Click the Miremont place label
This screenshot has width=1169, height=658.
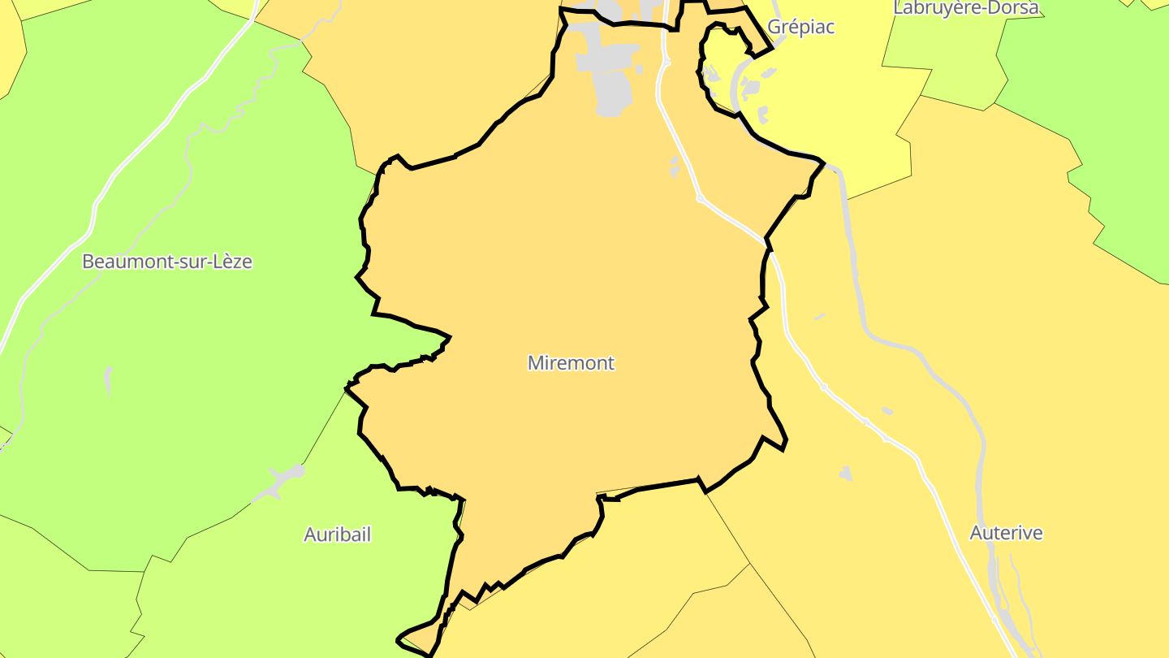pos(571,363)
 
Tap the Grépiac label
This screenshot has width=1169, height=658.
pos(800,27)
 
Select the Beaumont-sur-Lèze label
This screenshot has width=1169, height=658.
pos(167,262)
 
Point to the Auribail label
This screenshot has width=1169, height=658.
pos(337,535)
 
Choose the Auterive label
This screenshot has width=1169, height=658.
pos(1006,533)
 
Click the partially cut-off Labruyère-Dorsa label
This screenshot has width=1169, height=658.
pos(965,8)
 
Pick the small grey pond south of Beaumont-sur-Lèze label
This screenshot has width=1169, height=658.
pos(108,379)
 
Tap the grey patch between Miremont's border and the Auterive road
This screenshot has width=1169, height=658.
pos(846,473)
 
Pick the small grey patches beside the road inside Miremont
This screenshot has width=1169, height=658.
pos(675,167)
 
